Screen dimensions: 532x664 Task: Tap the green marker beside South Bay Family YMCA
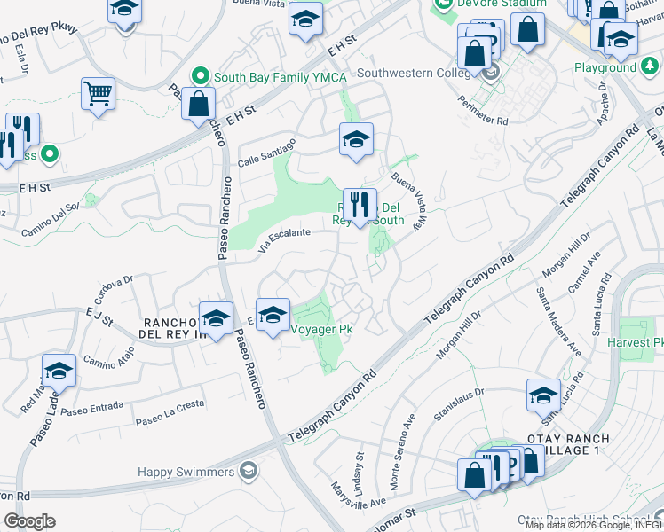(202, 75)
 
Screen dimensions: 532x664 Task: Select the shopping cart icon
(98, 93)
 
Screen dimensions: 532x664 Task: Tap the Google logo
(29, 520)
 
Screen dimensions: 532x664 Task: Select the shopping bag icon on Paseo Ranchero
(198, 103)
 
